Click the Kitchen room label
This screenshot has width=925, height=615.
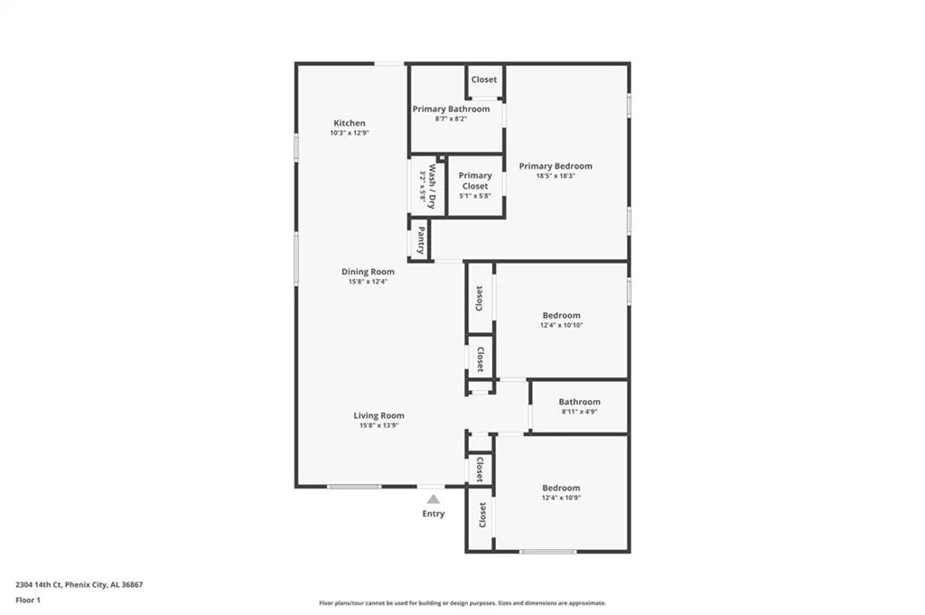coord(350,123)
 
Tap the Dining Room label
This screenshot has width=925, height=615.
coord(368,272)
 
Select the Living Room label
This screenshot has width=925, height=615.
coord(378,415)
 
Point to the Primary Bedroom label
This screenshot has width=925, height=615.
coord(556,166)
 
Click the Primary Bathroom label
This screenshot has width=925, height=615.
coord(451,109)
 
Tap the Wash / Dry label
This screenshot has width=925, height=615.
coord(432,186)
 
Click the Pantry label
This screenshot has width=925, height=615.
coord(421,241)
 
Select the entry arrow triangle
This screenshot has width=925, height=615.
coord(434,499)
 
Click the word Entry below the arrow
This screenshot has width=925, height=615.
coord(434,514)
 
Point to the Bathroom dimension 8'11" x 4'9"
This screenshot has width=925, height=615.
coord(579,412)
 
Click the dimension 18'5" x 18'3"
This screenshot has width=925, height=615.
coord(556,176)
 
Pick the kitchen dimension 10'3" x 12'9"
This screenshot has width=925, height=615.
coord(350,133)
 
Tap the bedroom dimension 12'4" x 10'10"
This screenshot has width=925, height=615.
coord(561,325)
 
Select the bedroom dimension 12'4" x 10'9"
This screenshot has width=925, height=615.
coord(561,498)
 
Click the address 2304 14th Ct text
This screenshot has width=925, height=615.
coord(79,584)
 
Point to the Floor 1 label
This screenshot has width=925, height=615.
coord(28,600)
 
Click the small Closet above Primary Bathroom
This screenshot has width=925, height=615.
coord(484,79)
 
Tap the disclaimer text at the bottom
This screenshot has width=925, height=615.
coord(462,603)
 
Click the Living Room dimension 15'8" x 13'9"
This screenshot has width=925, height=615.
coord(378,425)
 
